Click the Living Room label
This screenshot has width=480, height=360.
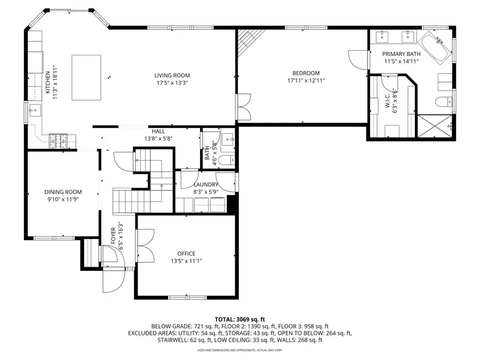pos(172,76)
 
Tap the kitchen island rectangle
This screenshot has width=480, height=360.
pos(86,77)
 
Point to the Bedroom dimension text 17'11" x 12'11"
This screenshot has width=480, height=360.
pos(306,81)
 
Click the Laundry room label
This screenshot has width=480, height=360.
pos(206,185)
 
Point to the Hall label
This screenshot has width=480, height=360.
pos(158,131)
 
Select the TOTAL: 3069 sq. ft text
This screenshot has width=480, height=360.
pos(239,318)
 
